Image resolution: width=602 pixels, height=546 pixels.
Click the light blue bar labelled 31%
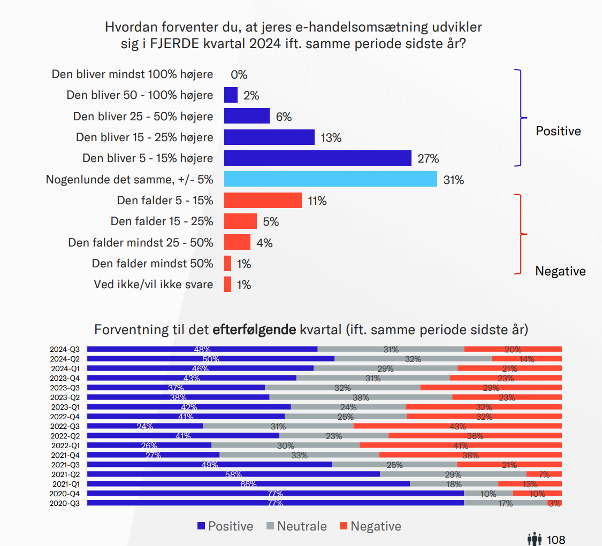(x=330, y=179)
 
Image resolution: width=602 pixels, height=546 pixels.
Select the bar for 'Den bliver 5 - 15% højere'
(x=317, y=158)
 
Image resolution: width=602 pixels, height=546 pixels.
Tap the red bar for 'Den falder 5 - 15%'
(x=263, y=201)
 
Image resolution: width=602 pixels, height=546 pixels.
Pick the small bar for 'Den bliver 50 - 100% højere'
(x=231, y=95)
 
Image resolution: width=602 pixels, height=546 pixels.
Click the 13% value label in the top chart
(x=331, y=137)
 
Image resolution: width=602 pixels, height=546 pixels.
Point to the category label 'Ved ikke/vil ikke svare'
(x=153, y=284)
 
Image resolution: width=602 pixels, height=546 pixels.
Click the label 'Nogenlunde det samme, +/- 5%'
(x=129, y=180)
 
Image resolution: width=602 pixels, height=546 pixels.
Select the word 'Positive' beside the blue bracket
(x=558, y=131)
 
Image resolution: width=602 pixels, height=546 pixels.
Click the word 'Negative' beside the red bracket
(x=560, y=271)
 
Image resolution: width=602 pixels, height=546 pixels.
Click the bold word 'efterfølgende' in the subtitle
(x=254, y=329)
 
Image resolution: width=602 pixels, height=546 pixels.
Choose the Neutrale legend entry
(x=302, y=526)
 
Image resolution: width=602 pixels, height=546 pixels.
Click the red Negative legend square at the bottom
(x=344, y=526)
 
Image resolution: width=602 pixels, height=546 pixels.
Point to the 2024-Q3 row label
(x=65, y=349)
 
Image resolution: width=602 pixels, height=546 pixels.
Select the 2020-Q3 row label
(x=65, y=503)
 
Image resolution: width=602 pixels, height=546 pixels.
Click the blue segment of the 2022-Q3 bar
(x=144, y=426)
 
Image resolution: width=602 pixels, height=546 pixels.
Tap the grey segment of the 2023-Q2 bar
(x=360, y=397)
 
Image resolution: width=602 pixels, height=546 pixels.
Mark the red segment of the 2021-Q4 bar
(x=470, y=455)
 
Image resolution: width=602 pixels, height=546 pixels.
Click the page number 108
(x=557, y=540)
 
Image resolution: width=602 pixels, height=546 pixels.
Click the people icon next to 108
(x=535, y=540)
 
